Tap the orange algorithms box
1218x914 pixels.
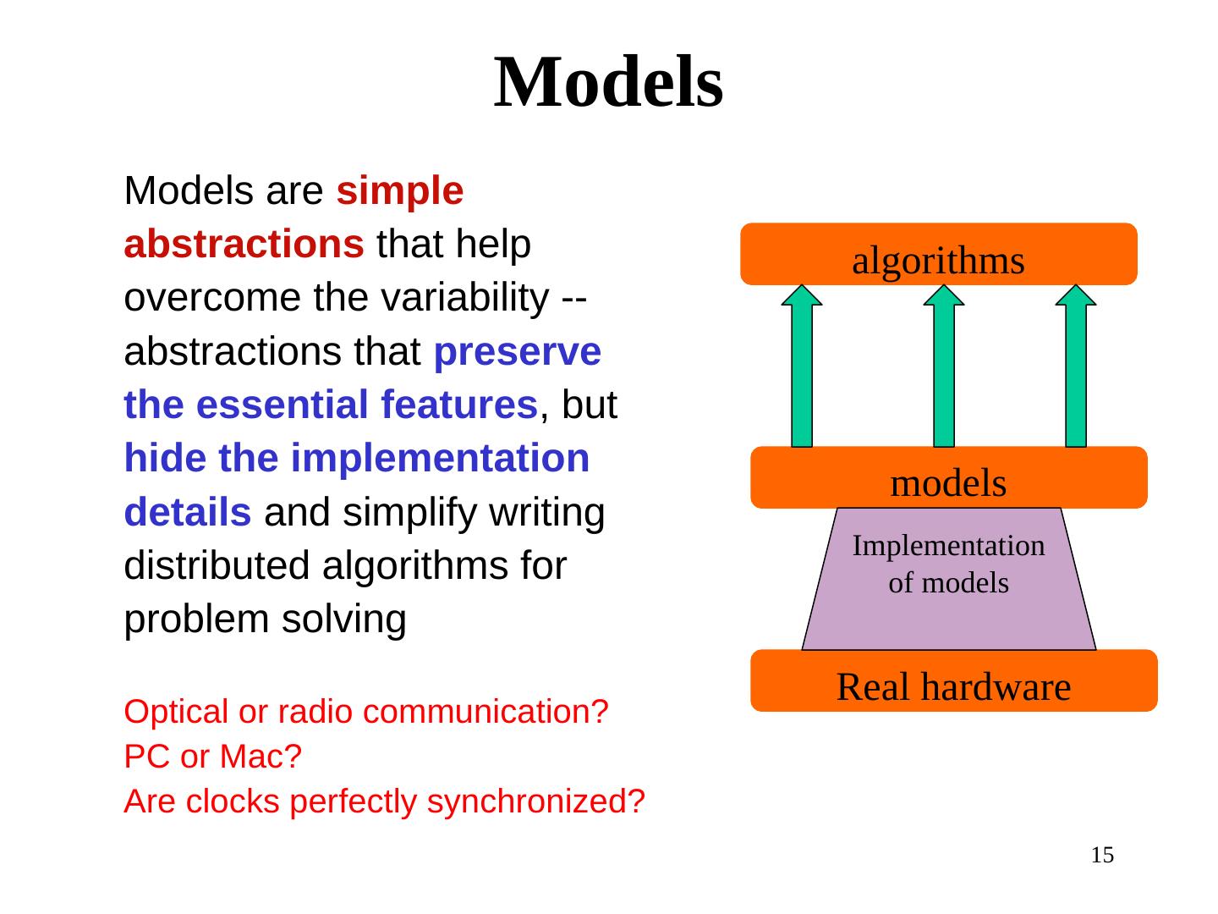[938, 254]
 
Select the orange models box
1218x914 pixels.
[948, 477]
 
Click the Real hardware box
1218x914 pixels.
[953, 681]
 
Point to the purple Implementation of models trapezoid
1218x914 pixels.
[948, 584]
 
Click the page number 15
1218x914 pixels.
[1102, 856]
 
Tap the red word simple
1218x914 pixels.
[399, 191]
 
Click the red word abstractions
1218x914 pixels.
[244, 245]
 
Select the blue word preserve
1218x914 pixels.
[517, 352]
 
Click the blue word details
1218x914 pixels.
[187, 512]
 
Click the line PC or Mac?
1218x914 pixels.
[212, 757]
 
